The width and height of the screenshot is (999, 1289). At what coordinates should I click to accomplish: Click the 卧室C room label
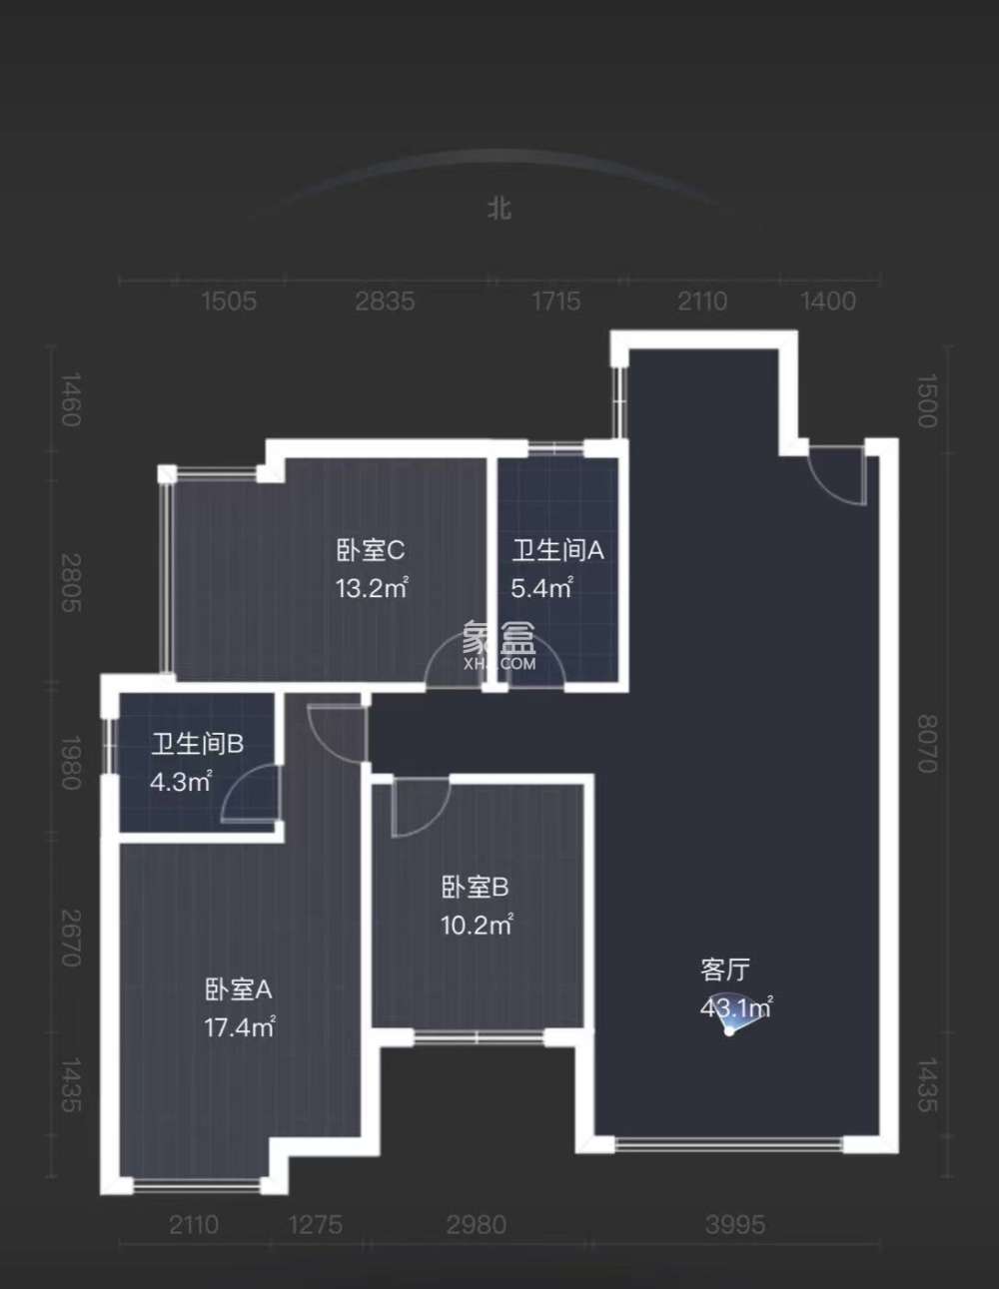point(370,550)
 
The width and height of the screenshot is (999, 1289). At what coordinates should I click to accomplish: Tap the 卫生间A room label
point(557,550)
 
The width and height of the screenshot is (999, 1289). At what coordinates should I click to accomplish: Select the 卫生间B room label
point(197,744)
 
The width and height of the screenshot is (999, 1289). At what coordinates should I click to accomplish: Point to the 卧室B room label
point(475,887)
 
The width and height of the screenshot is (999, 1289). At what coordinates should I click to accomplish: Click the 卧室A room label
point(238,989)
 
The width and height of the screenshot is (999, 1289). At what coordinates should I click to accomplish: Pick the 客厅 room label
point(725,969)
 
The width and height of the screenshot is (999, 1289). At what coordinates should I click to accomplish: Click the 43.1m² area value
point(735,1007)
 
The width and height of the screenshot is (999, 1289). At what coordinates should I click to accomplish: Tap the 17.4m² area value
point(239,1026)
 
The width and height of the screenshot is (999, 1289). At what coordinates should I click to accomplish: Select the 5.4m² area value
point(540,588)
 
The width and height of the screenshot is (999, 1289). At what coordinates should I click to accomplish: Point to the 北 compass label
point(499,208)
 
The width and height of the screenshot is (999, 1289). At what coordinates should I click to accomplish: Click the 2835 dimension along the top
point(385,301)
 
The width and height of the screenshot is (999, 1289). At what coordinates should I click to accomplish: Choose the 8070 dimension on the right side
point(927,744)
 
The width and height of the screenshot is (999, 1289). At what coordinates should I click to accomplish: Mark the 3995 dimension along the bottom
point(735,1224)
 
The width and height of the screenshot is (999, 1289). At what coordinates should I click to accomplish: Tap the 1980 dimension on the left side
point(70,763)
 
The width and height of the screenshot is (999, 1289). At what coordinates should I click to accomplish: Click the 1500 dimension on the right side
point(927,401)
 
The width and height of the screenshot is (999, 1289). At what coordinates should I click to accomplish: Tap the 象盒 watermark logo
point(499,644)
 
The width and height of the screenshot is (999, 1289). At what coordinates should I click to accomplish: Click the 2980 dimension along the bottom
point(476,1224)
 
